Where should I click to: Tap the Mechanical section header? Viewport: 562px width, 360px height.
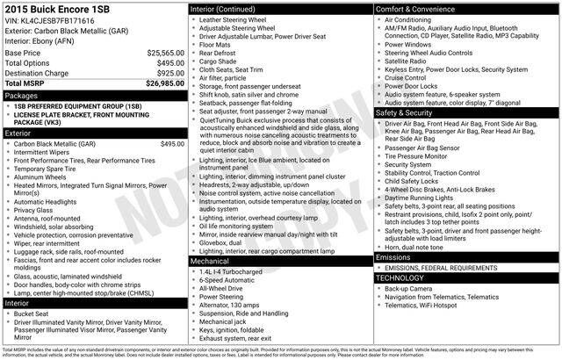click(210, 261)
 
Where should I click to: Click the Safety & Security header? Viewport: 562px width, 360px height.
click(404, 113)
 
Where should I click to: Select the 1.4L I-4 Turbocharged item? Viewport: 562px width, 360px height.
click(231, 271)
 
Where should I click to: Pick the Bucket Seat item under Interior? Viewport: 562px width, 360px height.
click(31, 313)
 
